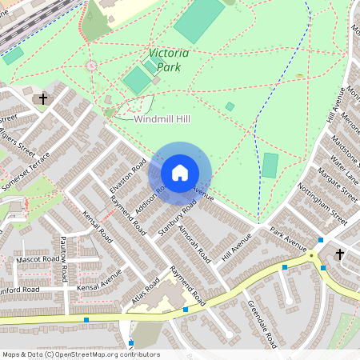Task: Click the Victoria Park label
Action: pos(169,60)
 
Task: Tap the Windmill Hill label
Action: pos(162,118)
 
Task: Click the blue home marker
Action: pos(180,173)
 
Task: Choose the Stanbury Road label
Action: pos(178,218)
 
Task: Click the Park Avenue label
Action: pos(288,238)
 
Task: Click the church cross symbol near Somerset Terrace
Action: pos(42,99)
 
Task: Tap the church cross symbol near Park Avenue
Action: pos(339,254)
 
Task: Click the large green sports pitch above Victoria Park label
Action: pos(200,20)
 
